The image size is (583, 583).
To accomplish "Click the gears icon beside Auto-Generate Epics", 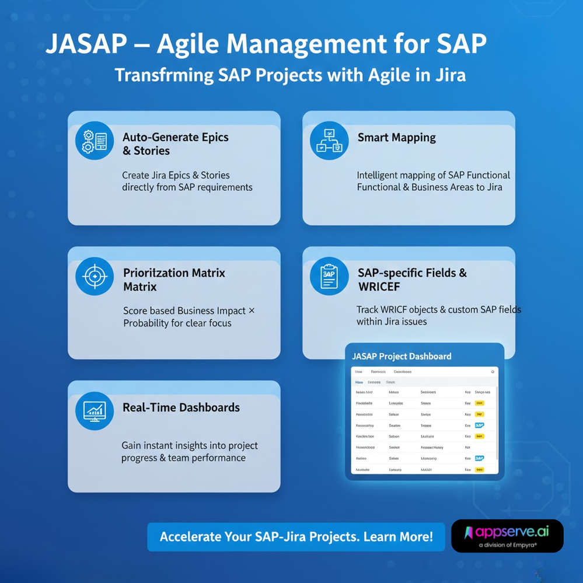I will pos(95,140).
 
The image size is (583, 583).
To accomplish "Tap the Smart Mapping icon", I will pos(329,140).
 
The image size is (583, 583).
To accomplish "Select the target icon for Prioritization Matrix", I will pos(95,276).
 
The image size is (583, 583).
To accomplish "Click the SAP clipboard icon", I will pos(329,276).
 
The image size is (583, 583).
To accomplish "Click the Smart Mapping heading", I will pos(396,138).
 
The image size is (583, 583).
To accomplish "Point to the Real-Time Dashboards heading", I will pos(181,407).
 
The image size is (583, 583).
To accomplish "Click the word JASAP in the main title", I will pos(86,45).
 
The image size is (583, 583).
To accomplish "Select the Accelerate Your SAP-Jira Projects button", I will pos(296,537).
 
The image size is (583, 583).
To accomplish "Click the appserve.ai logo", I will pos(507,532).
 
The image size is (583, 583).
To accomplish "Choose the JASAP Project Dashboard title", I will pos(402,356).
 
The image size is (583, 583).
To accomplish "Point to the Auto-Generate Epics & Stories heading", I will pos(175,144).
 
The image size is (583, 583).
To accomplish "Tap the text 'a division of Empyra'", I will pos(507,545).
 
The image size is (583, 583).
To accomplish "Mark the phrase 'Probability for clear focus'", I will pos(177,323).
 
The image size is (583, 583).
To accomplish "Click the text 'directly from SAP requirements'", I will pos(187,187).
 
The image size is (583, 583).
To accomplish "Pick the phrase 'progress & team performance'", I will pos(183,458).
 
